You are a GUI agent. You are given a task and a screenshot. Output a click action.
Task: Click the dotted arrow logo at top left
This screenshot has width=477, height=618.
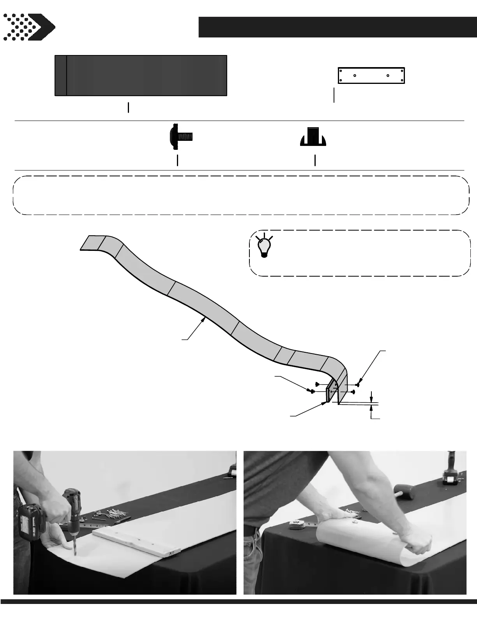(29, 27)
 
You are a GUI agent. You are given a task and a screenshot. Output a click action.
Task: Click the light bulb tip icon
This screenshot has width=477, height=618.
(264, 247)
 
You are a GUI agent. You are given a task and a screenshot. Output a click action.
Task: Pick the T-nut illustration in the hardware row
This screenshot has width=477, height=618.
(313, 137)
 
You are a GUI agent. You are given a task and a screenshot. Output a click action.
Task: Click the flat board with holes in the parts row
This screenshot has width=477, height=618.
(371, 75)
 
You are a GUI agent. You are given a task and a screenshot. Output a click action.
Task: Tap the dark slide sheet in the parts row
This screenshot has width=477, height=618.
(141, 75)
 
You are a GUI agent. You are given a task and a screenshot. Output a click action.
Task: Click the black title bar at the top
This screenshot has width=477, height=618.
(337, 27)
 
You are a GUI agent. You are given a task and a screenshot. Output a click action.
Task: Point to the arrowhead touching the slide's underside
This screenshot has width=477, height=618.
(204, 320)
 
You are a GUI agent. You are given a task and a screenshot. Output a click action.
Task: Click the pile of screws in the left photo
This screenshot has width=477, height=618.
(107, 516)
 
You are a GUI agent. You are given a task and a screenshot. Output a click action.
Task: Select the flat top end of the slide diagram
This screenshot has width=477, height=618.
(90, 242)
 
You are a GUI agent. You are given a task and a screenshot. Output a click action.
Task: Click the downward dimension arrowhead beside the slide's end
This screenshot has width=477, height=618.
(372, 399)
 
